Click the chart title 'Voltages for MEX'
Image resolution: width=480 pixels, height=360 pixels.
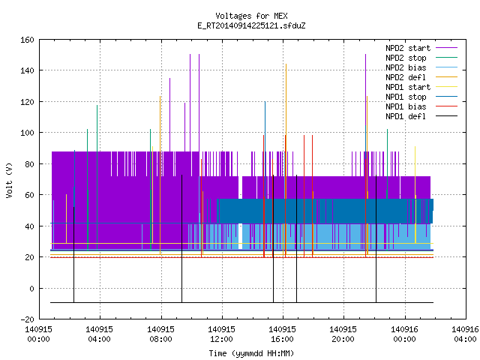[251, 16]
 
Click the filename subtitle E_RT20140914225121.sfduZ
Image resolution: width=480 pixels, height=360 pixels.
[251, 25]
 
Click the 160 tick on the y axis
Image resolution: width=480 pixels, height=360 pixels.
[27, 40]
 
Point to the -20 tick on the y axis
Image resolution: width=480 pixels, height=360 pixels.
[27, 319]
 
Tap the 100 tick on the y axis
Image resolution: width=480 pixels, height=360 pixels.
[27, 133]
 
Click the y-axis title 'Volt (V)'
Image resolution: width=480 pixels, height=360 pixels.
[9, 180]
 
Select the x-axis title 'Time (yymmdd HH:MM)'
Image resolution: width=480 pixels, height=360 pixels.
[251, 353]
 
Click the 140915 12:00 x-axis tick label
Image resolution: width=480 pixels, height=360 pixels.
[222, 334]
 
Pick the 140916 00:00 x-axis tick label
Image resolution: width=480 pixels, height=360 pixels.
[405, 334]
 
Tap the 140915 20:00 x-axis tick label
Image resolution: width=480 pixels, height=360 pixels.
[343, 334]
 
